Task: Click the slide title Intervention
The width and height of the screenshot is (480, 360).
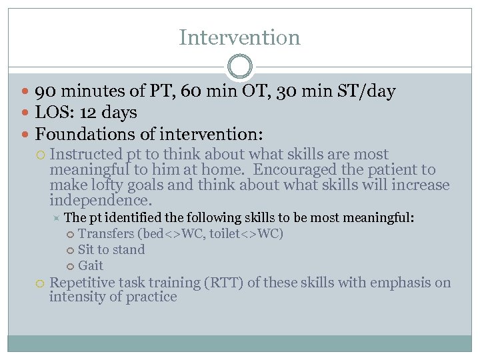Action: click(x=239, y=37)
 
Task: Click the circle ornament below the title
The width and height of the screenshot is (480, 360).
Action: click(x=239, y=67)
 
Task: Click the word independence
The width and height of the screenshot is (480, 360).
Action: click(x=100, y=200)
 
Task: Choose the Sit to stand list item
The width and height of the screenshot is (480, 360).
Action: click(x=111, y=250)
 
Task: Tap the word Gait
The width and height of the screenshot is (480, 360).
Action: click(x=91, y=266)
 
